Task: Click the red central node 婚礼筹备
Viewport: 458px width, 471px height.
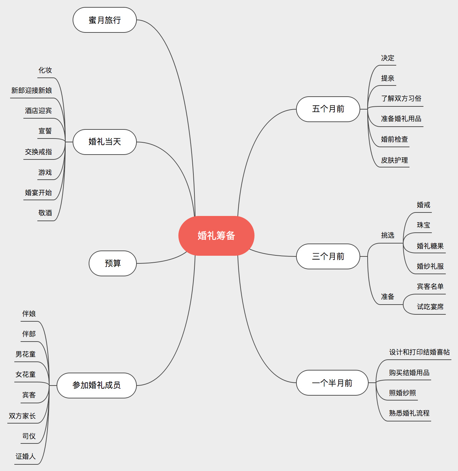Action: point(216,236)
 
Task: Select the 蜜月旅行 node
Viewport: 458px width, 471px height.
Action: point(104,20)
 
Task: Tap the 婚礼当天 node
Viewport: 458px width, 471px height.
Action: point(104,142)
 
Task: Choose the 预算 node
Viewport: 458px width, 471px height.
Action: point(112,263)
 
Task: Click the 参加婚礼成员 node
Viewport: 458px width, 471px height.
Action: point(96,385)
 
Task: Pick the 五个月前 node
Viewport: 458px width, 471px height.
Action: point(328,109)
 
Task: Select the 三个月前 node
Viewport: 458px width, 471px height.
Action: point(328,256)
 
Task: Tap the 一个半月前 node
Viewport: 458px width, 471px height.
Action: point(332,383)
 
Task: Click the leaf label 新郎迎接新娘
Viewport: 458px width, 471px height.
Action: point(31,91)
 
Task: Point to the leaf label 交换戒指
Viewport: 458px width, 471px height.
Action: point(38,152)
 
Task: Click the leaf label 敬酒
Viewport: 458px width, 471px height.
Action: point(45,213)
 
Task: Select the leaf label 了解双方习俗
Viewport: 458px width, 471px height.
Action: point(401,99)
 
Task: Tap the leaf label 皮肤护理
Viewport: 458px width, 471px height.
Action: point(394,160)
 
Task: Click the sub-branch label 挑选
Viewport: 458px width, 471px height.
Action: point(387,236)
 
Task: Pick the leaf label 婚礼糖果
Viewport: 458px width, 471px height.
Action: point(430,246)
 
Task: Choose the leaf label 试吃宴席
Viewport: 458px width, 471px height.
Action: point(430,307)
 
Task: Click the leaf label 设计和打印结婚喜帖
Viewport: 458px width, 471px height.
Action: point(419,352)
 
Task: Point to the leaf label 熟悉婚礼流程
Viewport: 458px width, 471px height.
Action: point(409,413)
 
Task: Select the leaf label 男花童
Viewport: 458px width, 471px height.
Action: point(25,354)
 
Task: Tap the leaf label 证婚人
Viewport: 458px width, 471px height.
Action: point(25,456)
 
